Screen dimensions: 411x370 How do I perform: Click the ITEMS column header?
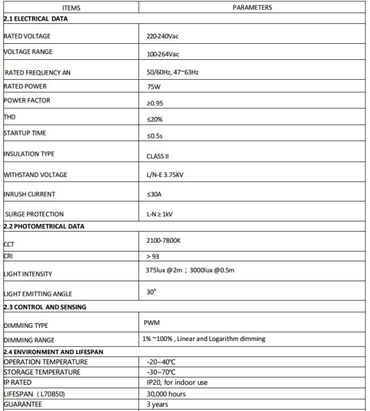click(x=71, y=8)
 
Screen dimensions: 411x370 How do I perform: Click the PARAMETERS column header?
click(x=252, y=8)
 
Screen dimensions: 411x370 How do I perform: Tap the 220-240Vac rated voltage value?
click(x=163, y=36)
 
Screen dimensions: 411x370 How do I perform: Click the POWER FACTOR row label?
click(x=27, y=101)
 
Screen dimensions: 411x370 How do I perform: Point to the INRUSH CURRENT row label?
click(x=30, y=194)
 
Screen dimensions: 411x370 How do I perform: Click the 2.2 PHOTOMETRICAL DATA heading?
click(x=44, y=226)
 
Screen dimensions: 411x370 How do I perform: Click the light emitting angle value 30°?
click(x=151, y=292)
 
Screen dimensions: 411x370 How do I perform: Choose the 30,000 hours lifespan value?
click(x=166, y=394)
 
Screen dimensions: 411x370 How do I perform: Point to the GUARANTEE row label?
click(x=22, y=405)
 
